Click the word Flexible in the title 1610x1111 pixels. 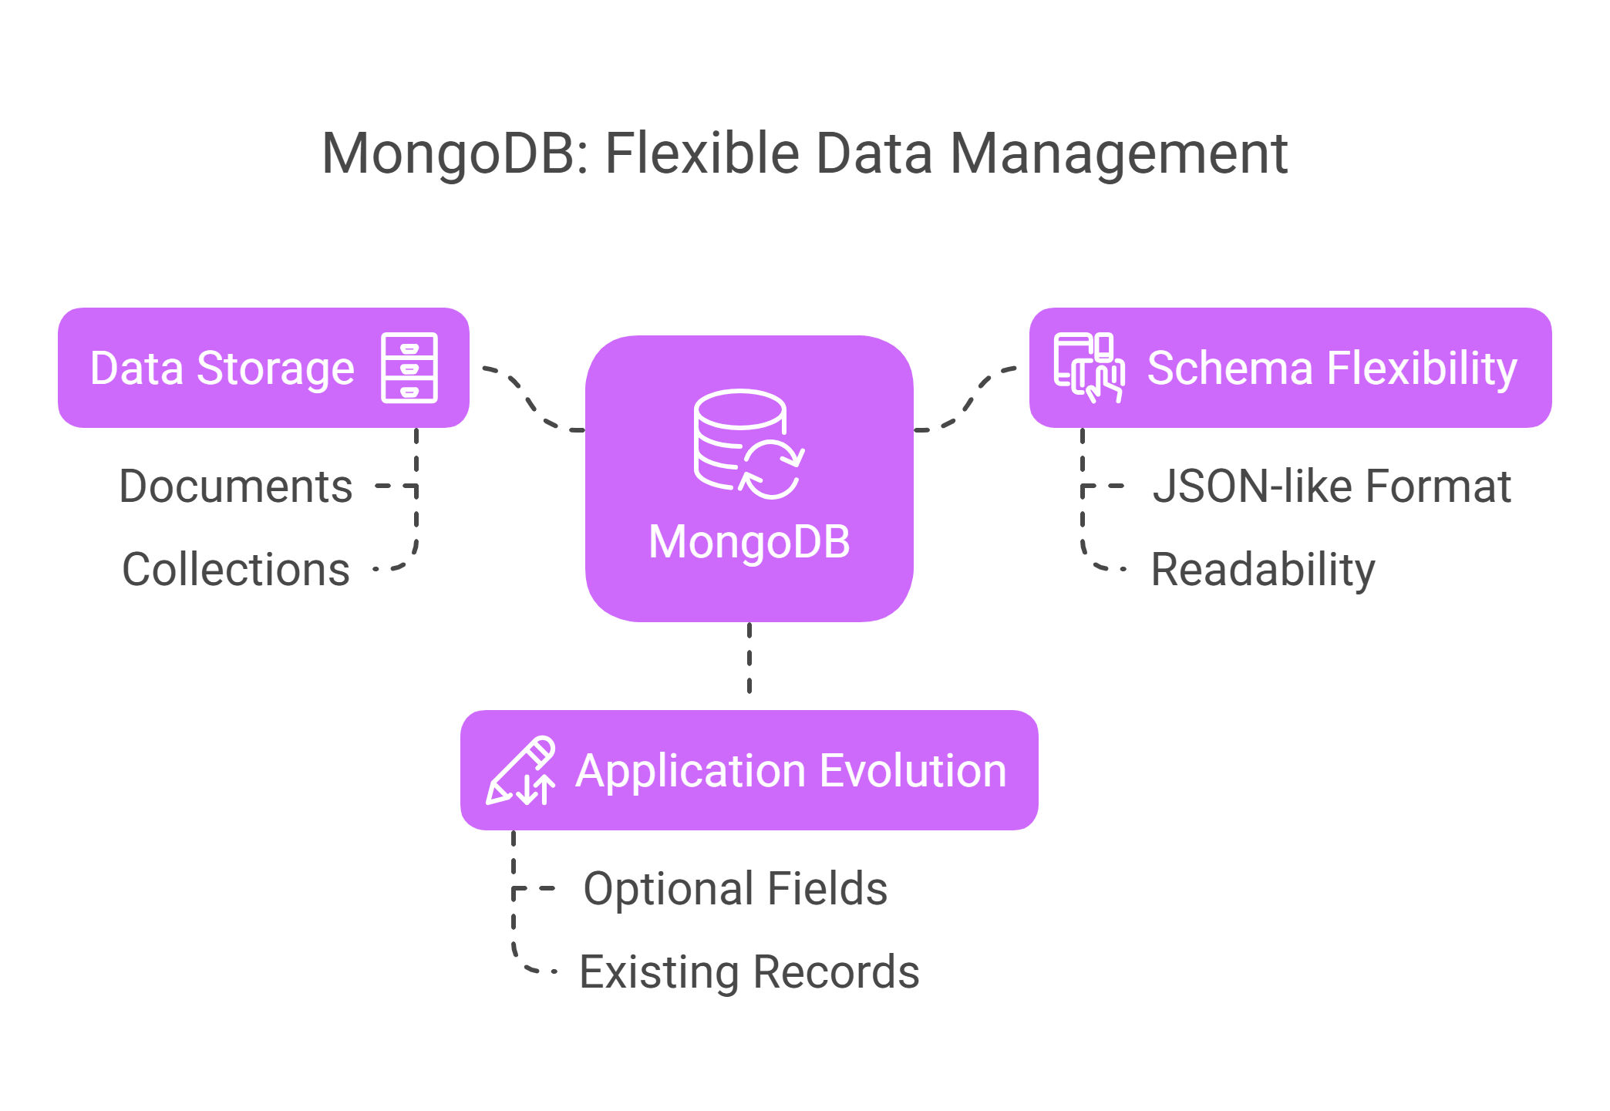tap(703, 153)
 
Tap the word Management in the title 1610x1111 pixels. tap(1119, 154)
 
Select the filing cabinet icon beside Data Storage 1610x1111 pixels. tap(409, 368)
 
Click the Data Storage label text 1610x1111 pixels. tap(222, 369)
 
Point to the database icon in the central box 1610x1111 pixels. tap(749, 444)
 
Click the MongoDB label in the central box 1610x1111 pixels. tap(749, 541)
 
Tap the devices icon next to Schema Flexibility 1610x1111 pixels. tap(1089, 368)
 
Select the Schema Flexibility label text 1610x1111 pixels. tap(1332, 369)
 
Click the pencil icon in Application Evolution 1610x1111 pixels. tap(520, 770)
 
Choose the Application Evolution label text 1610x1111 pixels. tap(791, 771)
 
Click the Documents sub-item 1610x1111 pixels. tap(236, 486)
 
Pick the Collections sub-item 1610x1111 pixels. tap(236, 569)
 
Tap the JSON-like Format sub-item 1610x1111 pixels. tap(1332, 486)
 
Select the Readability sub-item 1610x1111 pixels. tap(1263, 570)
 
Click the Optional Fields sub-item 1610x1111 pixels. tap(736, 889)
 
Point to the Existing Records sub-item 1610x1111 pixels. tap(749, 971)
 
